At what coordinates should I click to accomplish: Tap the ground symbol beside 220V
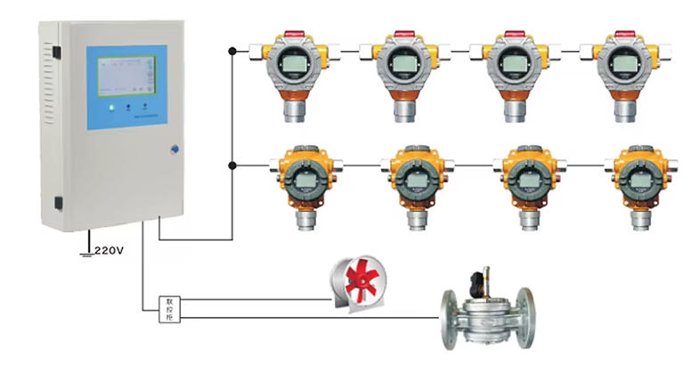[86, 253]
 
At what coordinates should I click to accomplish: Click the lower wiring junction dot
[232, 165]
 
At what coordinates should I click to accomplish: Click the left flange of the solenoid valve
[451, 318]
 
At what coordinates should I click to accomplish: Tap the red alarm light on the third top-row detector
[514, 34]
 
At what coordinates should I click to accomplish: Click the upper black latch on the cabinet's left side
[57, 53]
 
